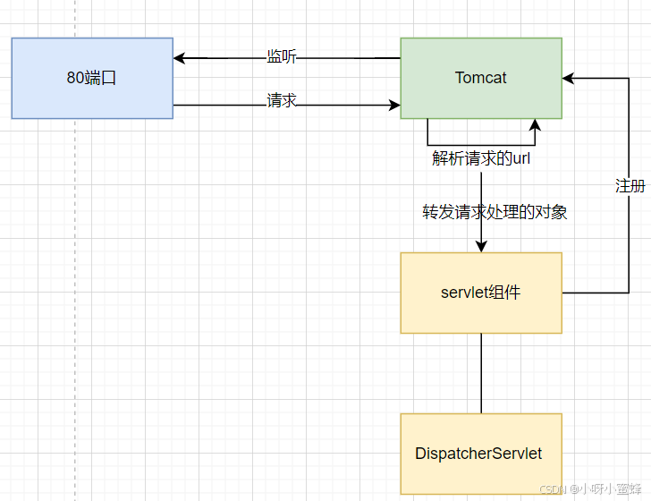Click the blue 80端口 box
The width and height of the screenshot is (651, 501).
point(92,78)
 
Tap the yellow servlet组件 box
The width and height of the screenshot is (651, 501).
point(481,293)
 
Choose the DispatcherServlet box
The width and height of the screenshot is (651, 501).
point(481,454)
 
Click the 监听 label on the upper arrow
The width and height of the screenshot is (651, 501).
point(282,57)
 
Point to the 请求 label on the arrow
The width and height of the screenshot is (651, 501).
point(282,101)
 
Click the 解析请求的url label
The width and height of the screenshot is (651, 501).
point(481,158)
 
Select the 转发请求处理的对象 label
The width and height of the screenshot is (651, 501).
point(495,212)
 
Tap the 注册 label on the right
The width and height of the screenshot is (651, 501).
point(630,186)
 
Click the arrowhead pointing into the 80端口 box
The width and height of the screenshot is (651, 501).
point(179,58)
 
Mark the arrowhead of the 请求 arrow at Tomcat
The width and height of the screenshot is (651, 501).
point(394,106)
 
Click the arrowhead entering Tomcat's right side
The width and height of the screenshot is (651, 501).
point(568,79)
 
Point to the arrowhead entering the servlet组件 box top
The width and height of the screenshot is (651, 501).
point(481,247)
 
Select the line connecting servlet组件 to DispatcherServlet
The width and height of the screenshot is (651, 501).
point(481,373)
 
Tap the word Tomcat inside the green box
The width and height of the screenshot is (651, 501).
point(481,78)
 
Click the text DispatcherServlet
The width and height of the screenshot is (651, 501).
point(478,454)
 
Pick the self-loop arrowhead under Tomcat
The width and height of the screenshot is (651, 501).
point(535,124)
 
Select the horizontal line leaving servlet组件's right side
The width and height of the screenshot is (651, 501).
point(595,293)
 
